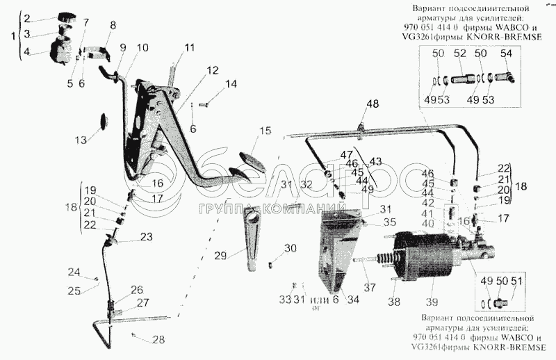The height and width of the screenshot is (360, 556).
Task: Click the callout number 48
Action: pos(373,104)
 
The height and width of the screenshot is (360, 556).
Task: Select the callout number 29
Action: pos(220,256)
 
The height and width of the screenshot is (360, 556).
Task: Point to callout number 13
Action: pos(81,140)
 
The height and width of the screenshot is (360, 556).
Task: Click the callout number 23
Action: pos(146,236)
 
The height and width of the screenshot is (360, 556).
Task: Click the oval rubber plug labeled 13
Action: pos(104,122)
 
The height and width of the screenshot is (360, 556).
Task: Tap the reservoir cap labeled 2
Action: pos(67,17)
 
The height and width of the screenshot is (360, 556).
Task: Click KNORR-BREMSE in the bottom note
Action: pos(512,346)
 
